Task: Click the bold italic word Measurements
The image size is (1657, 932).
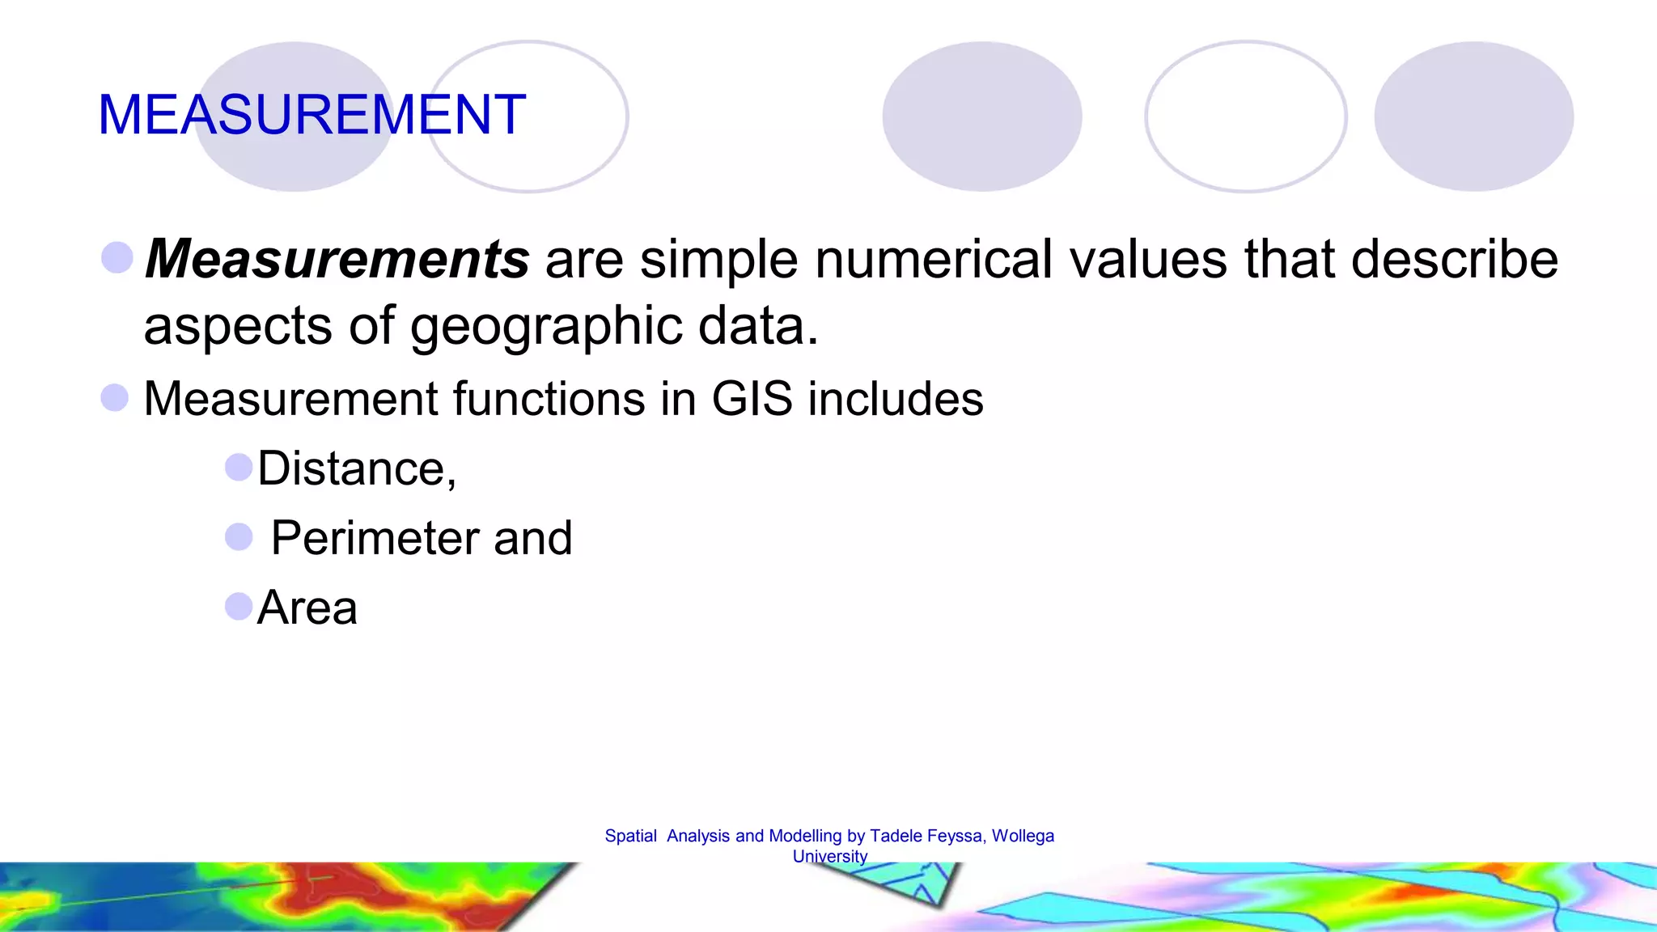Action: pyautogui.click(x=337, y=259)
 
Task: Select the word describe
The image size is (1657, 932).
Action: pyautogui.click(x=1454, y=259)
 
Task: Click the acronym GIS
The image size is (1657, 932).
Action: pyautogui.click(x=752, y=399)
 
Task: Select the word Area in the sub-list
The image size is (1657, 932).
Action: pyautogui.click(x=307, y=608)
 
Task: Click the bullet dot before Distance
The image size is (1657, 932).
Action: pyautogui.click(x=239, y=467)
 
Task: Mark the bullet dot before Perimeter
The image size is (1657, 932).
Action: pyautogui.click(x=239, y=536)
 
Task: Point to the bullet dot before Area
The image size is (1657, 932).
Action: pyautogui.click(x=239, y=606)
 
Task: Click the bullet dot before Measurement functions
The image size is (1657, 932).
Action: pyautogui.click(x=115, y=397)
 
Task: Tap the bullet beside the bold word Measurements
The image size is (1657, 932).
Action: pyautogui.click(x=117, y=257)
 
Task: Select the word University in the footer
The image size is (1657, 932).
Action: pyautogui.click(x=830, y=856)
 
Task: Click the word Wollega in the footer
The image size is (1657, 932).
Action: pyautogui.click(x=1023, y=836)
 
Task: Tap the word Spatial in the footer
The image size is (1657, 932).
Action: pyautogui.click(x=630, y=836)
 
